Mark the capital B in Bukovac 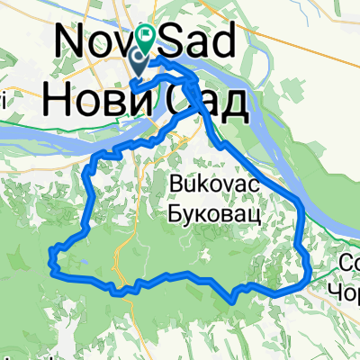tap(175, 185)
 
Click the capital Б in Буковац tap(175, 215)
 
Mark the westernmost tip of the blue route tap(51, 264)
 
